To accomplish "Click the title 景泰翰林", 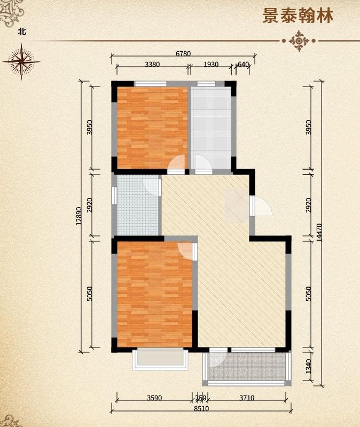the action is [298, 16].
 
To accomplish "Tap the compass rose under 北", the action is [21, 61].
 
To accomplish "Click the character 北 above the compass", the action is [22, 31].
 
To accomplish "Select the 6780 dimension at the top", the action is [183, 54].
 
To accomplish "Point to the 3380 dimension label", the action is [152, 65].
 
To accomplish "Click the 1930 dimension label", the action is [211, 65].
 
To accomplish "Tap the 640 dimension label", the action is [244, 65].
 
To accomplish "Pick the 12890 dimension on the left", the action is [79, 216].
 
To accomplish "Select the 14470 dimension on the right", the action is [319, 233].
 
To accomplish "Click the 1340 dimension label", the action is [308, 366].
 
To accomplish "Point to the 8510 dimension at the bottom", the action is [201, 408].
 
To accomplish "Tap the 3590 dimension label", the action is [154, 398].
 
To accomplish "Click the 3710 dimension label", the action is [247, 398].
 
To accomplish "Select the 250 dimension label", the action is [201, 398].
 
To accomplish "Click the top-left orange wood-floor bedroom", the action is [152, 128].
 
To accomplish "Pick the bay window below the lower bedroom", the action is [160, 359].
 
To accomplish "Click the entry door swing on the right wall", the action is [262, 206].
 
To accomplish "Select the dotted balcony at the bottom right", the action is [247, 367].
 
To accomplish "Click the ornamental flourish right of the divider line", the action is [299, 41].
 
